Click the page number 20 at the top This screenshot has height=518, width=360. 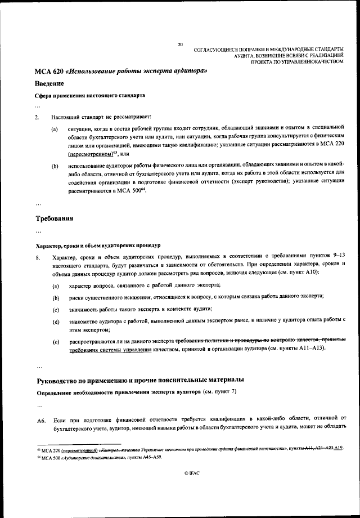pos(180,44)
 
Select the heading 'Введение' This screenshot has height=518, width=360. pos(53,83)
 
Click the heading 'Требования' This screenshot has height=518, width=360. pos(56,217)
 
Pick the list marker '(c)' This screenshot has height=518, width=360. pos(55,310)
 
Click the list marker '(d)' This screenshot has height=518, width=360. pos(55,321)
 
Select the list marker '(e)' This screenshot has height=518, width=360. pos(55,342)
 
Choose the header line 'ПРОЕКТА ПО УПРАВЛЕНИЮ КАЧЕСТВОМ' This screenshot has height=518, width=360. pos(296,62)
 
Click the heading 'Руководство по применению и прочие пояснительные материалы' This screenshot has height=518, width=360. pos(140,378)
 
